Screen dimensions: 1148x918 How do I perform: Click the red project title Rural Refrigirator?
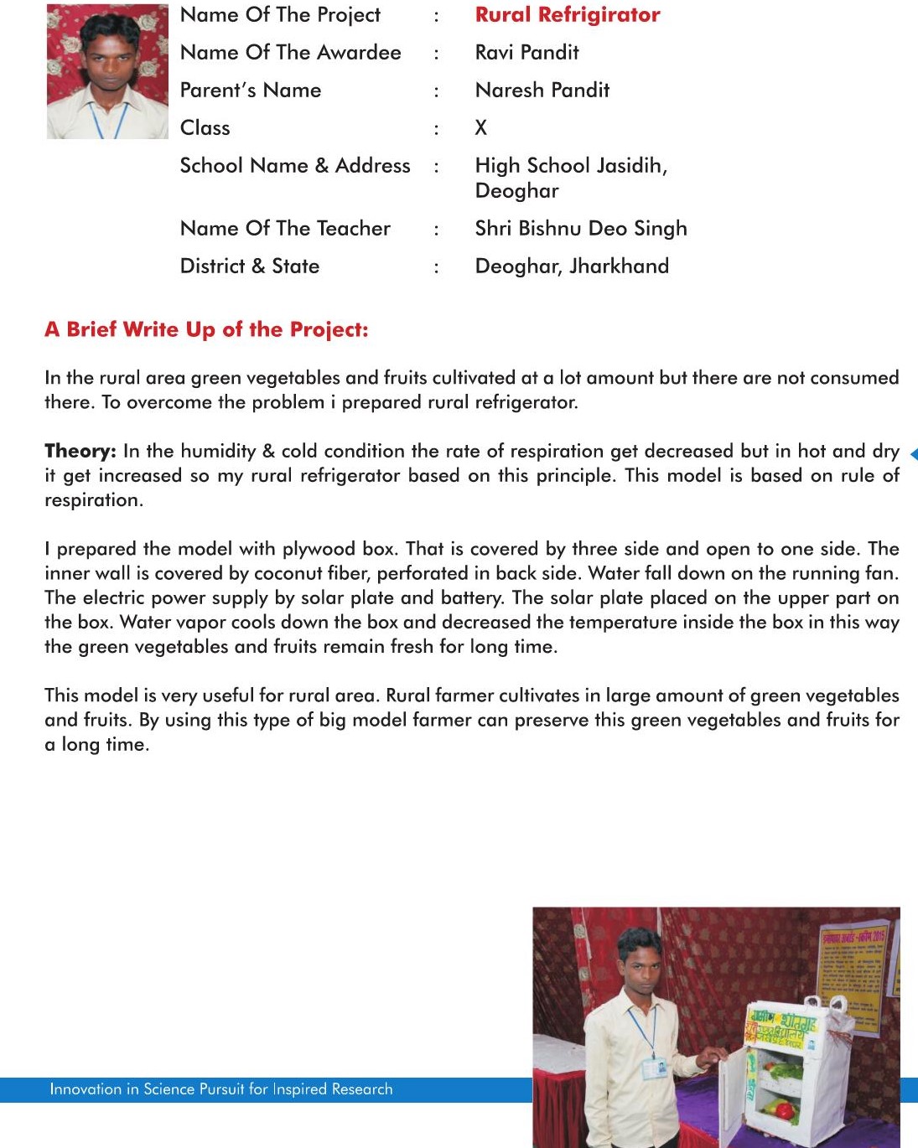coord(568,15)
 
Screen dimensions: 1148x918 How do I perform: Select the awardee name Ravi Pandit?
coord(526,53)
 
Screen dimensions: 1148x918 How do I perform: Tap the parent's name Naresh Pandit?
coord(542,90)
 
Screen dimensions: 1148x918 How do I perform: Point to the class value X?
coord(480,128)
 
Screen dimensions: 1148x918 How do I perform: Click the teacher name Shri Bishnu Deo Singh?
coord(580,229)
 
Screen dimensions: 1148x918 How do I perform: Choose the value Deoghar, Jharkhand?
coord(572,266)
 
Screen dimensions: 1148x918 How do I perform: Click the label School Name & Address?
coord(295,166)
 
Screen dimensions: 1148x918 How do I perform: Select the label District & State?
coord(250,266)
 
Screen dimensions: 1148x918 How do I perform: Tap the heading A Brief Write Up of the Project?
coord(206,329)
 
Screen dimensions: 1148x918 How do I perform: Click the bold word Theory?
coord(80,451)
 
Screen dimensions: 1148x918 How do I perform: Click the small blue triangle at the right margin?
coord(913,454)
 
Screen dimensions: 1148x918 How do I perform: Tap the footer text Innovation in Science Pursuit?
coord(220,1089)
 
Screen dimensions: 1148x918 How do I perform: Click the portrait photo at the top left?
coord(107,71)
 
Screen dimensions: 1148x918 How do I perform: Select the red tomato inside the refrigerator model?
coord(784,1110)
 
